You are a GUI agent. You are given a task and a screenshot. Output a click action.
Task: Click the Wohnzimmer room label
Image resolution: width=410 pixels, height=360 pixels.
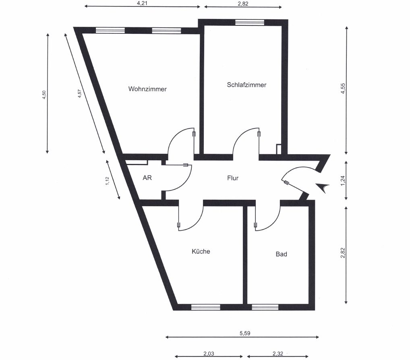147,89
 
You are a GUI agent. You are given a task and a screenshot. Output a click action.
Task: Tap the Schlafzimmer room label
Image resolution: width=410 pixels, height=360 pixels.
246,85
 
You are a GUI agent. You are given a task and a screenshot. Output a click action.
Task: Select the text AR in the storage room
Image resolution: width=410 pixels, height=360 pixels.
147,178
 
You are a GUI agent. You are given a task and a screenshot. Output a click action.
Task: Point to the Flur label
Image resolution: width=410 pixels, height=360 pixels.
233,178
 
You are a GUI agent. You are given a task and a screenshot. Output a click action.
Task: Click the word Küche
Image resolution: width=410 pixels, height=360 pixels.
201,251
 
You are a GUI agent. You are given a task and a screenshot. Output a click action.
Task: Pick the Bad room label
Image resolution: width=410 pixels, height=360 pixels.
281,254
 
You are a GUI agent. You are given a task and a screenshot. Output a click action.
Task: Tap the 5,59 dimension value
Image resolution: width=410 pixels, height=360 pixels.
245,333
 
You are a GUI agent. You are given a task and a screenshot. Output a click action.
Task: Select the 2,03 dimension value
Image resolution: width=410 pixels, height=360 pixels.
208,354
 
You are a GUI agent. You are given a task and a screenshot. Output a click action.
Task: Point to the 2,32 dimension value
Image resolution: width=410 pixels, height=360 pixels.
278,354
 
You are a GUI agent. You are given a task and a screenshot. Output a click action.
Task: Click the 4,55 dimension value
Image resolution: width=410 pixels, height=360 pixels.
343,89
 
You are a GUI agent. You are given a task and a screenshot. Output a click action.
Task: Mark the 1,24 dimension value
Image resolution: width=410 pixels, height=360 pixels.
343,180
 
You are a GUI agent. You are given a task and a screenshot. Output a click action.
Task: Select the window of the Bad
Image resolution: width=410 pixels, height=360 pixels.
265,307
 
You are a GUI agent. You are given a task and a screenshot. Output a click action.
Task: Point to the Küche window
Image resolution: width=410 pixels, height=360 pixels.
205,307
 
